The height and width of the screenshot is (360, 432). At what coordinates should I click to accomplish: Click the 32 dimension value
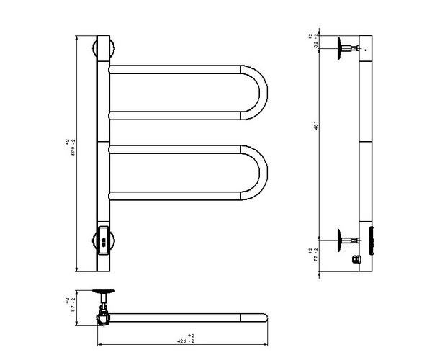(x=315, y=42)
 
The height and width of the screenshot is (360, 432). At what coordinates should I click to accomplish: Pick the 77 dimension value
(x=315, y=258)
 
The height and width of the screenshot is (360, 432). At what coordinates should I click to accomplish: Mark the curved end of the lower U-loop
(x=261, y=172)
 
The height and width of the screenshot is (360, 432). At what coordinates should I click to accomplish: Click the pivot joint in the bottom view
(x=105, y=314)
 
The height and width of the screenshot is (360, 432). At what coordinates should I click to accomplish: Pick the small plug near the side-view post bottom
(x=355, y=258)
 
